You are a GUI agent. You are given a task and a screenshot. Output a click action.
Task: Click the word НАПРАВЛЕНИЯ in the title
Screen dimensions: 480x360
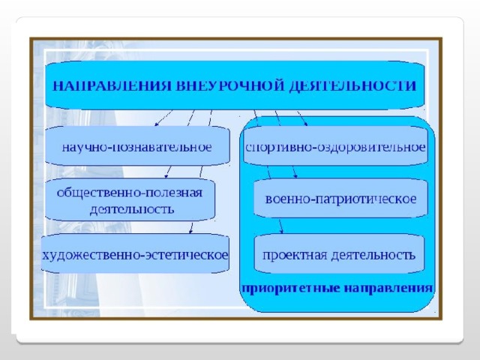click(x=112, y=85)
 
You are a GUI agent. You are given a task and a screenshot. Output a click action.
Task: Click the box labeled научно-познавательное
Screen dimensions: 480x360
click(x=137, y=146)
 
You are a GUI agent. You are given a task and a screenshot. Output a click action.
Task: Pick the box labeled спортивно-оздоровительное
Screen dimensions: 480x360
click(x=335, y=146)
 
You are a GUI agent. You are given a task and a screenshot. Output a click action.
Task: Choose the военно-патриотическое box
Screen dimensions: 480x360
click(x=340, y=198)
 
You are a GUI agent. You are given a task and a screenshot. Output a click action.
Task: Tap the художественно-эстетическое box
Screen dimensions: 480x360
click(x=135, y=253)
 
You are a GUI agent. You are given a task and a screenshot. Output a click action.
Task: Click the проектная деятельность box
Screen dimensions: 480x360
click(x=339, y=253)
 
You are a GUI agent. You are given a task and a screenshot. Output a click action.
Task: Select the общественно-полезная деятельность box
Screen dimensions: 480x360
click(x=130, y=199)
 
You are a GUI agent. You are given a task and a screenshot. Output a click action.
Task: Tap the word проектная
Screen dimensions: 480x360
click(x=295, y=255)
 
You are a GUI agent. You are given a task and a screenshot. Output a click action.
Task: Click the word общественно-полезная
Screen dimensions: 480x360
click(x=130, y=193)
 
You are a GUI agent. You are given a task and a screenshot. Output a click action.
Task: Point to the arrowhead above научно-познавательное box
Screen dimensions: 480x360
click(x=156, y=124)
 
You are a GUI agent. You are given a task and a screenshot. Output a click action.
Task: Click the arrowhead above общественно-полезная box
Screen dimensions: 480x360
click(x=166, y=176)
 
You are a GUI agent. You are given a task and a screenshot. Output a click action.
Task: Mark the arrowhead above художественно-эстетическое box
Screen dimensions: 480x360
click(x=190, y=232)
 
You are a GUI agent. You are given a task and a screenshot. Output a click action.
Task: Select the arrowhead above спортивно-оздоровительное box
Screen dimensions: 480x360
click(x=305, y=124)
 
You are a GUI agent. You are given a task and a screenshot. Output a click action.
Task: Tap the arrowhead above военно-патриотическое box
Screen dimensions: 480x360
click(x=295, y=176)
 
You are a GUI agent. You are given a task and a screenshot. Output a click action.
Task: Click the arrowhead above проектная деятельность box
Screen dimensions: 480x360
click(x=281, y=232)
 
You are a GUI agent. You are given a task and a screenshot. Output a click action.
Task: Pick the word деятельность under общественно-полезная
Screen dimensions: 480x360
click(x=132, y=210)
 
